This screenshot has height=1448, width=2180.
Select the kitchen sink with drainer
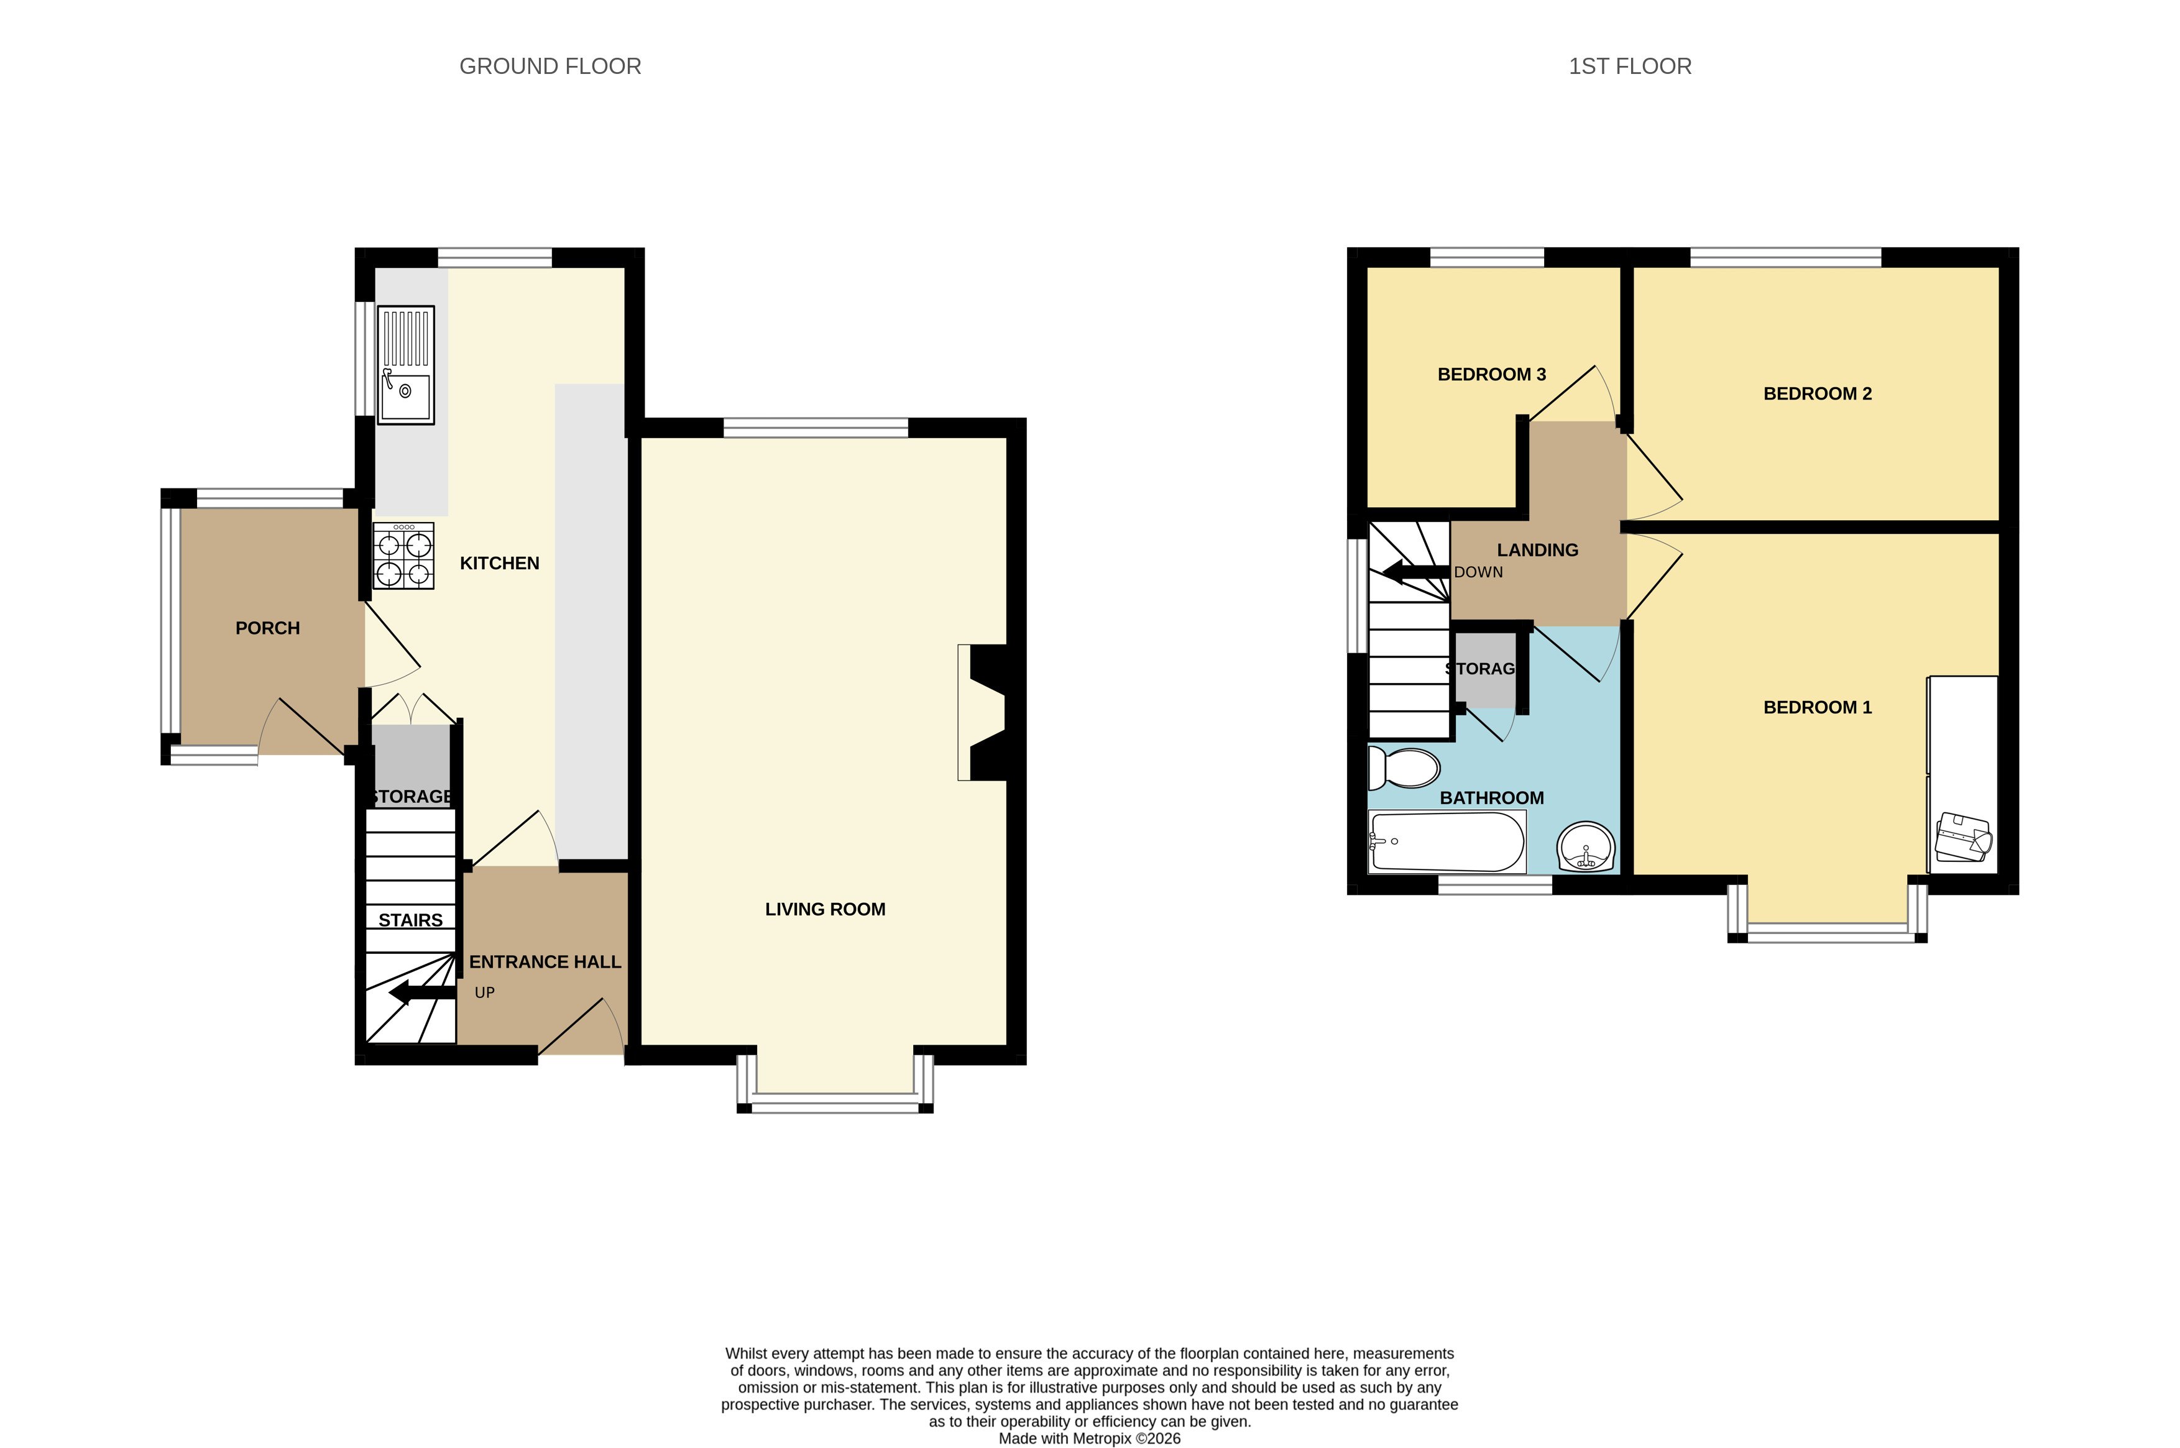(405, 365)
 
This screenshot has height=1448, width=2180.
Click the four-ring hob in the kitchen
(403, 556)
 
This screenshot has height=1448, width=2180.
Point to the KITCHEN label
(500, 563)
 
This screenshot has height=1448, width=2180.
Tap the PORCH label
(268, 628)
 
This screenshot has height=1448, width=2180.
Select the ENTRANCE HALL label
(545, 961)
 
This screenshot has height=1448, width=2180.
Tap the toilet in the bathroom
(1404, 768)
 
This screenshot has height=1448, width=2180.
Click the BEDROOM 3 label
(1492, 374)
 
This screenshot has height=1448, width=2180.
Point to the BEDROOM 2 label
(1817, 393)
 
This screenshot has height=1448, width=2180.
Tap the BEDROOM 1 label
(1817, 707)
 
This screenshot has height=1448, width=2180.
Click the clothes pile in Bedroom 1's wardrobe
(1964, 836)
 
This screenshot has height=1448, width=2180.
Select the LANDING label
(1537, 551)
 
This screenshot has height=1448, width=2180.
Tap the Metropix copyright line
(1090, 1438)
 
